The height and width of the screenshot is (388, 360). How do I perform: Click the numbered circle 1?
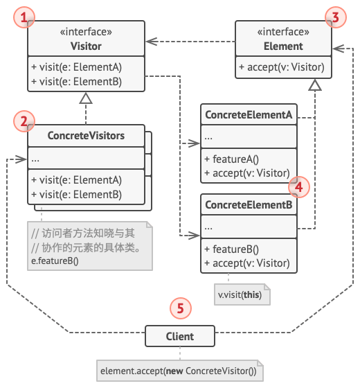24,17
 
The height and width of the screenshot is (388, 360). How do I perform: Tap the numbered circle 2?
24,121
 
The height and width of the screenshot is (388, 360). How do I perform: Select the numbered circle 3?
336,17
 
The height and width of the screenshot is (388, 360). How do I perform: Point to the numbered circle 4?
299,187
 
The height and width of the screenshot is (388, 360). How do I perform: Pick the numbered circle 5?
181,308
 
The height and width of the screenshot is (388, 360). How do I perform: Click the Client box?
180,336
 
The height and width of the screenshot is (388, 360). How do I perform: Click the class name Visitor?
86,46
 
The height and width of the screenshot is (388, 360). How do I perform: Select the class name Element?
283,46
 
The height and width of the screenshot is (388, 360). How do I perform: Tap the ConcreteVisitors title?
86,136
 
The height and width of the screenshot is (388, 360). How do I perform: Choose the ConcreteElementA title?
249,115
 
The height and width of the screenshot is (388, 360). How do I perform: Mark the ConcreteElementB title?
249,205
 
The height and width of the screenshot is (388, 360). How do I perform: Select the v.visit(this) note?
242,294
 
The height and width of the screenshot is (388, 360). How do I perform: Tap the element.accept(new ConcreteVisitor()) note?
180,371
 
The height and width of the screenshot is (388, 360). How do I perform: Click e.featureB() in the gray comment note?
55,261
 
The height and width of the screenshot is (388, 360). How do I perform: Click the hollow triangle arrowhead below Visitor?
86,98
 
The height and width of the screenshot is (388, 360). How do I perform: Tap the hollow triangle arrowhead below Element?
315,85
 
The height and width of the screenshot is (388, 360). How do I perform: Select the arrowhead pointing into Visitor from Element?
152,42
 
